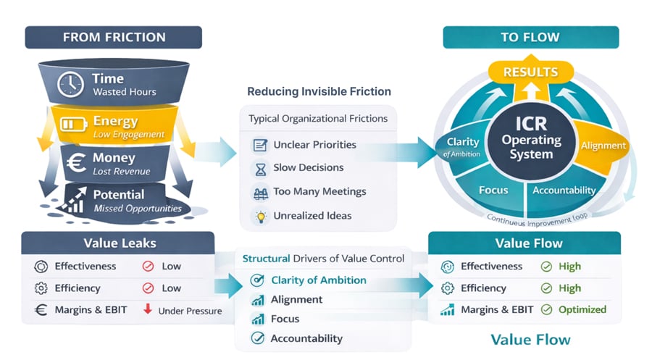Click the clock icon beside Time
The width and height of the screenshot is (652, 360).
70,85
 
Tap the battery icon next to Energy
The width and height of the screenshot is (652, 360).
73,124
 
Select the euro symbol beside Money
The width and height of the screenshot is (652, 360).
77,162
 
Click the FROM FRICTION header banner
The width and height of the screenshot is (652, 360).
114,38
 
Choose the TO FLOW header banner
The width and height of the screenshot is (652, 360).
530,38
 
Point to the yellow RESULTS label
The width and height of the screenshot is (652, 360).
530,72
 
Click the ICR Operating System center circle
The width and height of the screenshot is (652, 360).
532,139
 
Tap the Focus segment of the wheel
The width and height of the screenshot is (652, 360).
493,191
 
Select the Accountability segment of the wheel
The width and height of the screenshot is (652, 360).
564,191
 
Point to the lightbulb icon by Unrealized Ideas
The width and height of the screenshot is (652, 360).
261,217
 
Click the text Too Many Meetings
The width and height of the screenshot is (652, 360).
319,192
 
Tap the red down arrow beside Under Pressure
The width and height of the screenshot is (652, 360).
148,309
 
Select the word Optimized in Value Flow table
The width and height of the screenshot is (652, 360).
582,310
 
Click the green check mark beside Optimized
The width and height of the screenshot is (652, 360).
546,310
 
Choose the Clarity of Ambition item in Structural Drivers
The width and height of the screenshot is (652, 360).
309,280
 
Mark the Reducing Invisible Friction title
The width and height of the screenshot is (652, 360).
319,91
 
